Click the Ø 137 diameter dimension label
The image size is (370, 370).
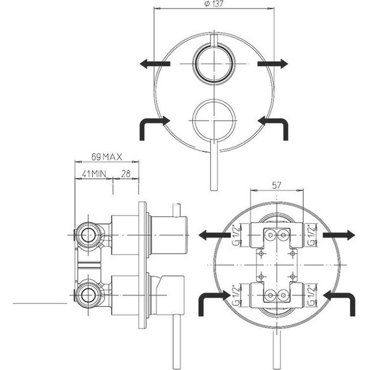tap(214, 4)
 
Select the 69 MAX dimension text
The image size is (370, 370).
tap(106, 157)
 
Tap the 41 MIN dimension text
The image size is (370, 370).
tap(94, 174)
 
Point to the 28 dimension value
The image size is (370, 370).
tap(126, 174)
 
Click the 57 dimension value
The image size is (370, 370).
tap(277, 186)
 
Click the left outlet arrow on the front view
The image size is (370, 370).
tap(154, 64)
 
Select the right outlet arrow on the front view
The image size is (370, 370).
tap(273, 64)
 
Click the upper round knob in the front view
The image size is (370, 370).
tap(214, 64)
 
